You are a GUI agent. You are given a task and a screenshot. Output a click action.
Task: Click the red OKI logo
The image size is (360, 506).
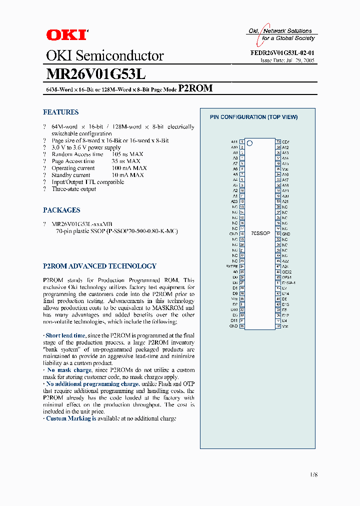[x=66, y=34]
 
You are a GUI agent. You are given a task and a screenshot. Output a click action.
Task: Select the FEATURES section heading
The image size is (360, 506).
[x=60, y=112]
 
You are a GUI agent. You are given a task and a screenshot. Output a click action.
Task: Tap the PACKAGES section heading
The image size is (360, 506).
[x=61, y=210]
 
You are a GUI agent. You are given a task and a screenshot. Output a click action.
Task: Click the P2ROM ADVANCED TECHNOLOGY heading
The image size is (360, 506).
[x=99, y=266]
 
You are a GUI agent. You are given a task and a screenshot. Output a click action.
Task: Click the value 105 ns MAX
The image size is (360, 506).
[x=127, y=154]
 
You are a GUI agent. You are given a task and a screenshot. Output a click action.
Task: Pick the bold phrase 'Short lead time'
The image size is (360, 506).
[x=65, y=335]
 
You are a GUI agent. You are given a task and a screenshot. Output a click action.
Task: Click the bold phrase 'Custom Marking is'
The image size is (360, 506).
[x=71, y=418]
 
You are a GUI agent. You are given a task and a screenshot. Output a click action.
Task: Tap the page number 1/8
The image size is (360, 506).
[x=313, y=474]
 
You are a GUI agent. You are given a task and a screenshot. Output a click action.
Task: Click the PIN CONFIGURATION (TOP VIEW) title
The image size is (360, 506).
[x=253, y=117]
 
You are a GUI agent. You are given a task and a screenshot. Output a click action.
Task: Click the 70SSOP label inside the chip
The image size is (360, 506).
[x=260, y=233]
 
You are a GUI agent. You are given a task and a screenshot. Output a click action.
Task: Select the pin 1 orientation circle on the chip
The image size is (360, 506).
[x=250, y=143]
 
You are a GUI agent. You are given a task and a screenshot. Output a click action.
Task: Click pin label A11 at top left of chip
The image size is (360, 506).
[x=234, y=142]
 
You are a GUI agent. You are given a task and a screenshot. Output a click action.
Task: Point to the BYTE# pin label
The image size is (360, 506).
[x=231, y=266]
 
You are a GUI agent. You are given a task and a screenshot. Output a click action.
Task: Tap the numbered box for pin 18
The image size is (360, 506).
[x=241, y=234]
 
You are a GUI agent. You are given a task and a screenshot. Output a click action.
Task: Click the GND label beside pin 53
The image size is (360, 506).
[x=285, y=234]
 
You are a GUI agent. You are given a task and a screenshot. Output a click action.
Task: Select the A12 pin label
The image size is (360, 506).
[x=285, y=147]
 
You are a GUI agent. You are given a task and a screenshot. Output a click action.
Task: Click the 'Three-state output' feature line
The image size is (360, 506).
[x=73, y=189]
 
